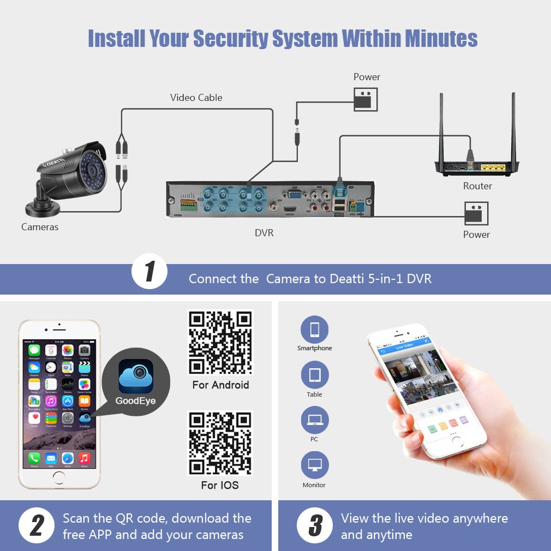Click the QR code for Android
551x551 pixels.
point(220,342)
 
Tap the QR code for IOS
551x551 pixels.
point(220,443)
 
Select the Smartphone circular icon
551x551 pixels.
point(315,330)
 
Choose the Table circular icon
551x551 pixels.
point(315,375)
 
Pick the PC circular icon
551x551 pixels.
point(315,420)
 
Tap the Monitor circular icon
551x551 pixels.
point(315,465)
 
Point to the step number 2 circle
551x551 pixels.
point(37,526)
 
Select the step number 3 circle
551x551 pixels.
point(315,526)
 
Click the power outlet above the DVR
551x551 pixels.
point(366,100)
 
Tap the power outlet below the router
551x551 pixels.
point(476,213)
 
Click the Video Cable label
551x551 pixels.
point(196,98)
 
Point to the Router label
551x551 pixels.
point(477,186)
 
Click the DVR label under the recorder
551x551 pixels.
point(264,233)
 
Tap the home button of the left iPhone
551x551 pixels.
point(59,476)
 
